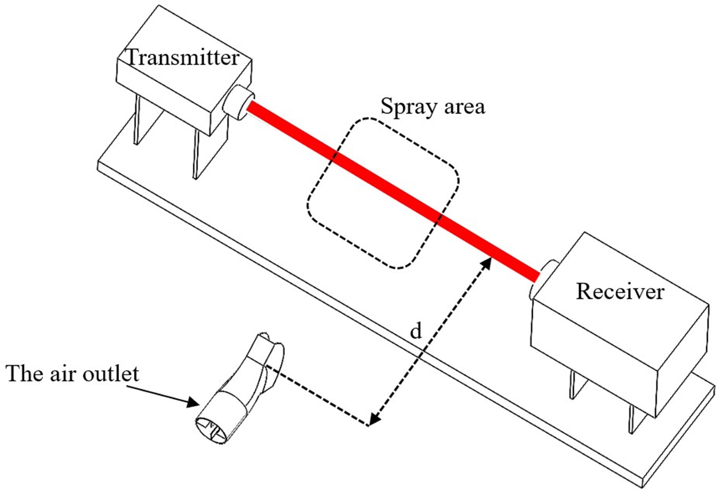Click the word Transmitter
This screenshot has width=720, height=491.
(x=183, y=58)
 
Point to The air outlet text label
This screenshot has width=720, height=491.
(x=73, y=374)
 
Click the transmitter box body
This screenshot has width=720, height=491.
(x=174, y=93)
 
